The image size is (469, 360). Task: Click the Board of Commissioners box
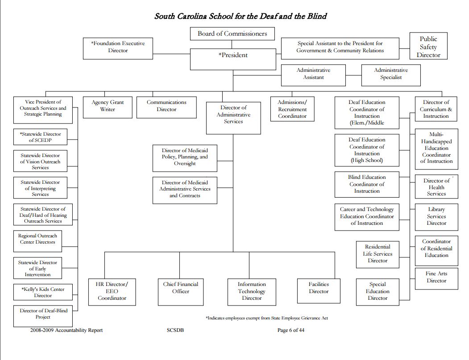point(232,34)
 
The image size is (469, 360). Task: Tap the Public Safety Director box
point(428,47)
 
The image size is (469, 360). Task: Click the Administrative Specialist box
point(391,74)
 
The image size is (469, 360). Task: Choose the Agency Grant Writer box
point(108,107)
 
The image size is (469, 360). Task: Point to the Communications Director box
point(166,107)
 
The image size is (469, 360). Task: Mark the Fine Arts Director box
point(436,277)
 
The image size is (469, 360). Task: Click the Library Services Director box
point(436,216)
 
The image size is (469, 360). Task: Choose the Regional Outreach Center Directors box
point(37,240)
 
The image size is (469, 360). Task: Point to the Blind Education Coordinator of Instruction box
point(367,184)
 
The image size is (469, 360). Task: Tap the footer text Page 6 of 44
point(291,331)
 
